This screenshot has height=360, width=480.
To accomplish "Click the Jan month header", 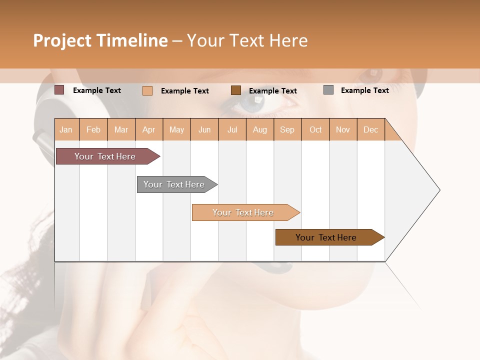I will (x=66, y=129).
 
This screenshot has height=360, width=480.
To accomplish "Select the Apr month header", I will (x=148, y=129).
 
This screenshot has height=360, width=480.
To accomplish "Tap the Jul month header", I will (x=232, y=129).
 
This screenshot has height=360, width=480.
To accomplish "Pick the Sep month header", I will (x=287, y=129).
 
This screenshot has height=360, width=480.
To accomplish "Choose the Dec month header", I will (x=370, y=129).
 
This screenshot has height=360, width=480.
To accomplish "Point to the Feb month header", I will (x=93, y=129).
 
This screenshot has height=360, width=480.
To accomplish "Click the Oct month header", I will (x=315, y=129).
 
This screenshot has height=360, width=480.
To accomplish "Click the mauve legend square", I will (x=59, y=90).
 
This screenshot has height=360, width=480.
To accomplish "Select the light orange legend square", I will (x=147, y=90).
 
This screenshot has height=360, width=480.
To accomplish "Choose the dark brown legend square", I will (x=236, y=90).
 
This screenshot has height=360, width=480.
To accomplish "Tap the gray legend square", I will (x=328, y=90).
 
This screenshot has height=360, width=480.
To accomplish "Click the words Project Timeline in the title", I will (x=100, y=40).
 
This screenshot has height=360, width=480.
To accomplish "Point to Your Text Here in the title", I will (x=247, y=40).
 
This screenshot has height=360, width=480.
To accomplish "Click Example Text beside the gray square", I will (x=364, y=90).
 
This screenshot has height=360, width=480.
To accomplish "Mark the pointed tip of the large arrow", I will (x=439, y=190).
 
